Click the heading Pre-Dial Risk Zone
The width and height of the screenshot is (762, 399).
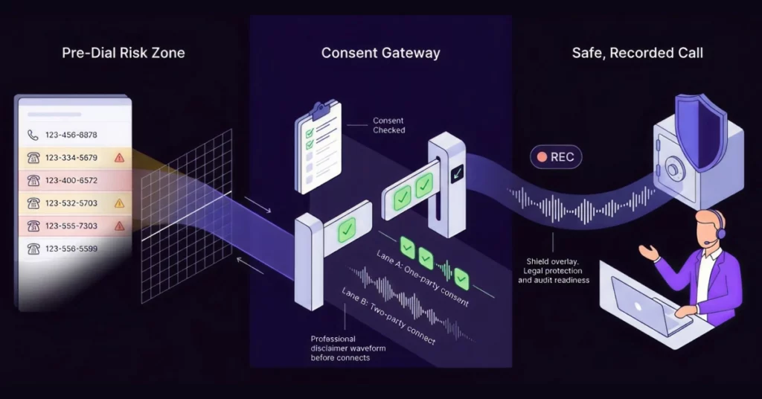coord(124,53)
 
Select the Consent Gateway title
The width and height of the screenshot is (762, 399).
coord(380,53)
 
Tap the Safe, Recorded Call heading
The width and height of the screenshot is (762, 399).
coord(637,53)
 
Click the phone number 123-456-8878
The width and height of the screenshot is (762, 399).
coord(71,135)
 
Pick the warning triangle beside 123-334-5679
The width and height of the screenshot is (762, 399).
coord(119,158)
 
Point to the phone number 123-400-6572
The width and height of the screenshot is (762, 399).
coord(71,180)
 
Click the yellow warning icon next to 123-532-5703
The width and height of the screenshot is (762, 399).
coord(119,203)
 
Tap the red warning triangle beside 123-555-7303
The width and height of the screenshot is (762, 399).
coord(119,226)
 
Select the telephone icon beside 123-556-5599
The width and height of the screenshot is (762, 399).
coord(33,249)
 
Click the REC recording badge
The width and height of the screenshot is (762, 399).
coord(556,157)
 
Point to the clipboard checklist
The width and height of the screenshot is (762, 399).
coord(318,147)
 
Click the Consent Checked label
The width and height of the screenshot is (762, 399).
coord(388,125)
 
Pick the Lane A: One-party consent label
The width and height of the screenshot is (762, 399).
coord(423,278)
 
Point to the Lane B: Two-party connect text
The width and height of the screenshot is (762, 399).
coord(388,316)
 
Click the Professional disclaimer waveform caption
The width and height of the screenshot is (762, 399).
coord(348,348)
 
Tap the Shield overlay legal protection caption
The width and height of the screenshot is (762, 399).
coord(554,271)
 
